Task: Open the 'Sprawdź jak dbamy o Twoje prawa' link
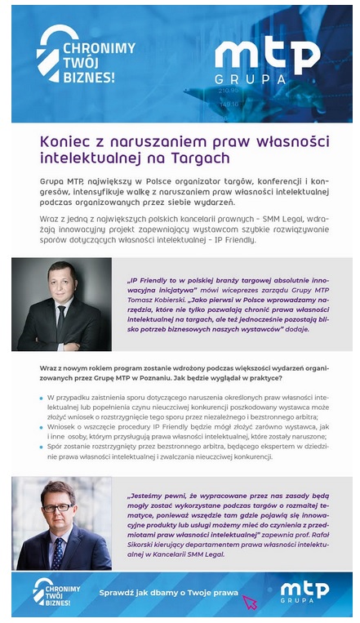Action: [x=168, y=593]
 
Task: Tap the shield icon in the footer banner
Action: [x=44, y=590]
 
